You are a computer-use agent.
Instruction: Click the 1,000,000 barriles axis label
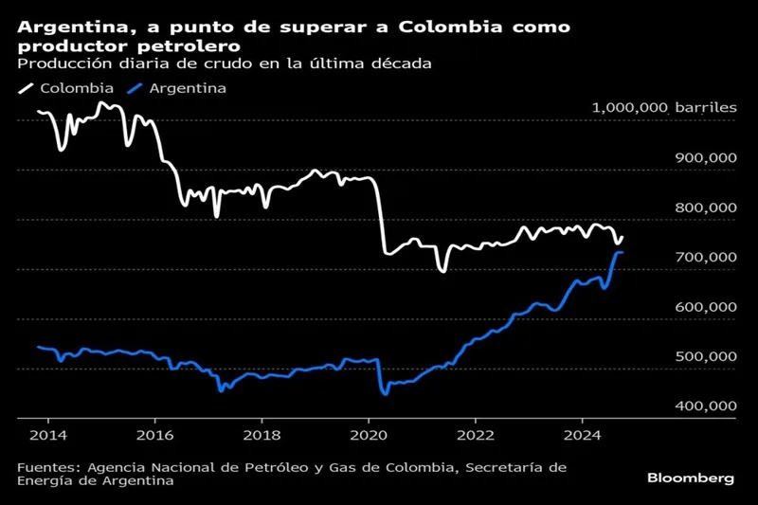coord(663,108)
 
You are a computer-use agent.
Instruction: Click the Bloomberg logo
coord(691,478)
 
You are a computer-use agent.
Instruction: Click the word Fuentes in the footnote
coord(47,466)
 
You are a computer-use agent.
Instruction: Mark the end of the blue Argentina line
coord(623,252)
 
